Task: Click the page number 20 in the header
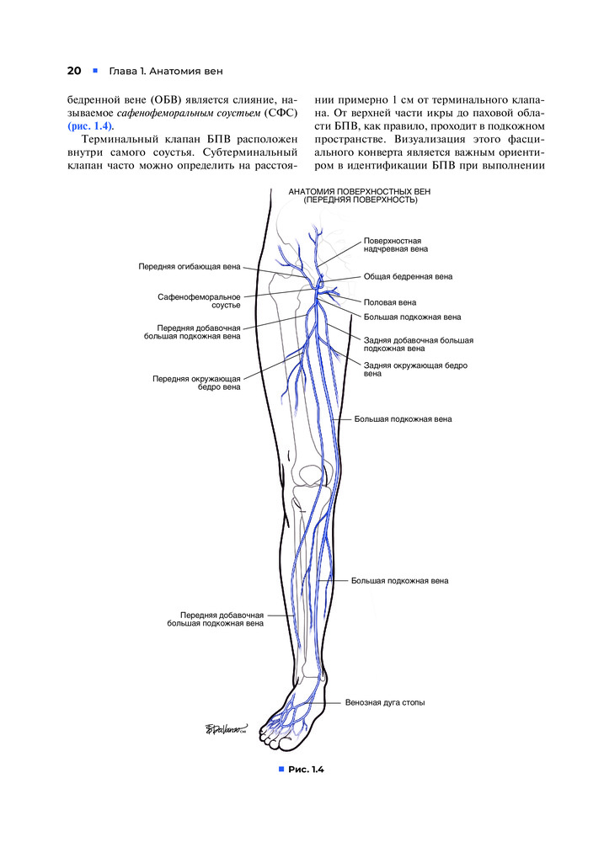point(73,70)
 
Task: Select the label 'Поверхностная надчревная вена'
point(396,245)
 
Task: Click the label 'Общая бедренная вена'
point(408,276)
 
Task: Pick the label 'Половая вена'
point(390,301)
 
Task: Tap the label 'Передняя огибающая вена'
point(189,267)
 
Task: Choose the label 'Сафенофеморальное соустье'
point(199,301)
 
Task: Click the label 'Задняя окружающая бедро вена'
point(414,370)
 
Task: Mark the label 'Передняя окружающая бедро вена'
point(196,383)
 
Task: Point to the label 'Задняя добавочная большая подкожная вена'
point(418,344)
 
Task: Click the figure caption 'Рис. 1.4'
point(306,770)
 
